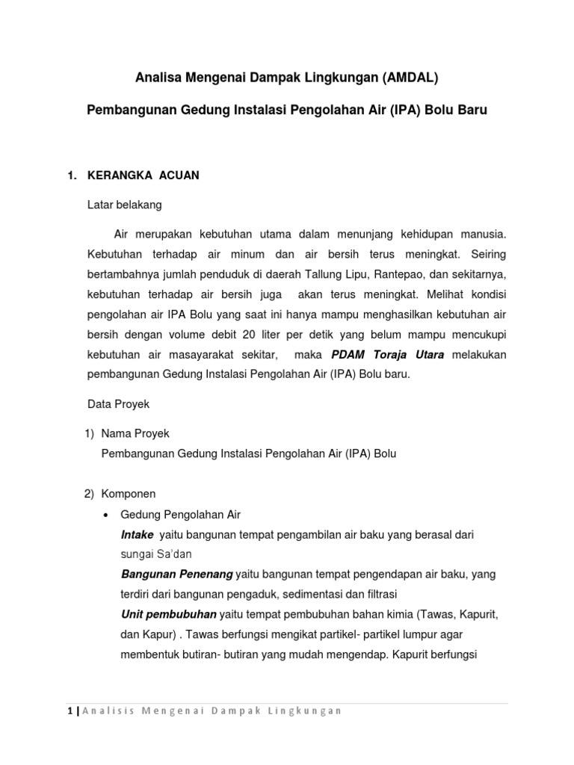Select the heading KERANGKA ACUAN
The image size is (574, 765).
143,176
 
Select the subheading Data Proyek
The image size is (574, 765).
119,403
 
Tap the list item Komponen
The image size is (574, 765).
128,494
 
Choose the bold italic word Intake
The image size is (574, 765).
138,535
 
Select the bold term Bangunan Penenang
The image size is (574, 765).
176,574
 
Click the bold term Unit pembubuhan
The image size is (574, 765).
169,614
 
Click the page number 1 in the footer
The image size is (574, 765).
68,710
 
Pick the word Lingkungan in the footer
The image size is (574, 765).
307,710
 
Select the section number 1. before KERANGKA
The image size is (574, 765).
72,176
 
